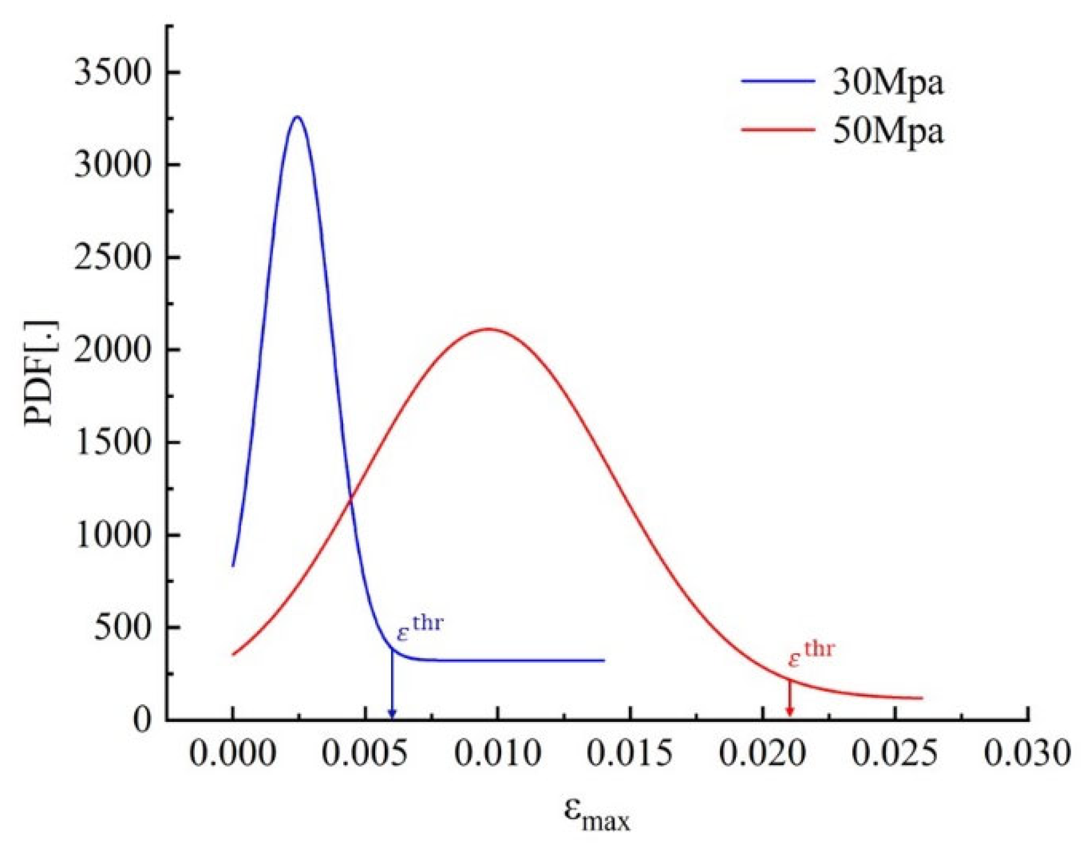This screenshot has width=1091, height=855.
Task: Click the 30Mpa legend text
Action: point(888,82)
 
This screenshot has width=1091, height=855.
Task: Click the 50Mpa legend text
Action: point(888,131)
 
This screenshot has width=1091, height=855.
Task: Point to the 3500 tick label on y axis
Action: point(113,73)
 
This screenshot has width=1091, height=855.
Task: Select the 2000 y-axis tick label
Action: point(113,350)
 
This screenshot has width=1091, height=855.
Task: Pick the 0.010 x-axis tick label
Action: point(497,754)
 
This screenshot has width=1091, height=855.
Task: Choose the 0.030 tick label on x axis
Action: point(1027,754)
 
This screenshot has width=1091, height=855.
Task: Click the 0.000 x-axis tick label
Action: point(232,754)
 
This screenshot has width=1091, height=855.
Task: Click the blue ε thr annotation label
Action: point(419,629)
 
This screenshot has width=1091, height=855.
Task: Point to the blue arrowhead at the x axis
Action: point(392,714)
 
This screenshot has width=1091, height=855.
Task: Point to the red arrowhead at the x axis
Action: point(789,712)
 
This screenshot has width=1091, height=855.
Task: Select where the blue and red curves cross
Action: point(350,499)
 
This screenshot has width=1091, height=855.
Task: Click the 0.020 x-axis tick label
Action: point(762,754)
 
